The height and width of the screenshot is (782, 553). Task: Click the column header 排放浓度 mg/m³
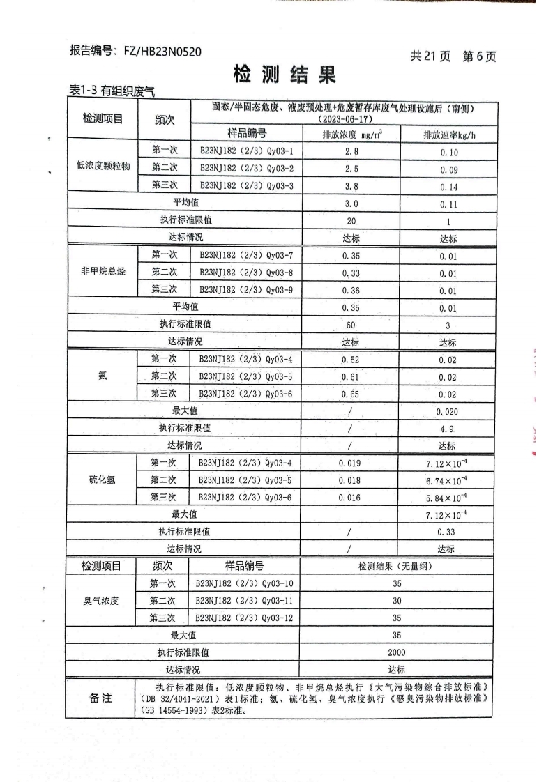click(351, 135)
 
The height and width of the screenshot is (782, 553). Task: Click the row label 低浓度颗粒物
click(103, 168)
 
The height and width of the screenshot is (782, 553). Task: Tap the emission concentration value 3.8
click(351, 185)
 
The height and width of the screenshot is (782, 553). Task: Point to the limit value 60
click(351, 325)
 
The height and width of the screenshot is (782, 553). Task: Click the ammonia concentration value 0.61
click(350, 377)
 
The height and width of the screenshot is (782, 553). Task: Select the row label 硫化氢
click(102, 480)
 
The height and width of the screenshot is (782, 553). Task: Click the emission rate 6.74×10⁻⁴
click(446, 481)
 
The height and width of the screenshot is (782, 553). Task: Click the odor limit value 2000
click(396, 653)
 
